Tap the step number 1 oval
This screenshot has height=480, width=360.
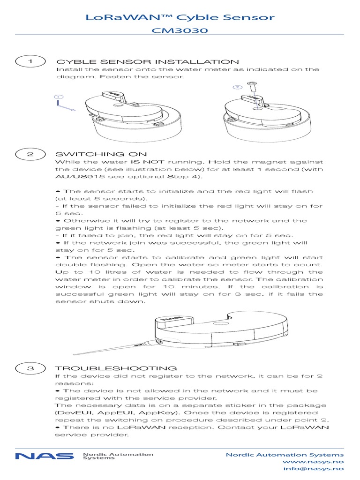point(30,61)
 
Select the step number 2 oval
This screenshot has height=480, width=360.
point(30,154)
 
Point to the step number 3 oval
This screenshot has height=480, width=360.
point(30,368)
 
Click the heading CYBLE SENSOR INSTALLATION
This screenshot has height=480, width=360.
point(148,62)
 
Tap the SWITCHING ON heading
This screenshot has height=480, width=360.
point(101,154)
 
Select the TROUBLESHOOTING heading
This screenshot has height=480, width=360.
point(116,368)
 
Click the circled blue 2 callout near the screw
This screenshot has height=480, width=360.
point(237,87)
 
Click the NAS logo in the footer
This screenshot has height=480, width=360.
point(45,456)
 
